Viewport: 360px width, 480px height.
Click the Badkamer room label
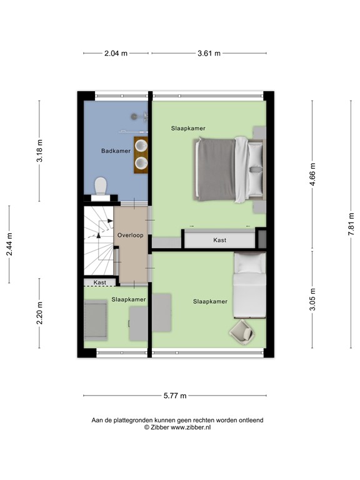pos(116,151)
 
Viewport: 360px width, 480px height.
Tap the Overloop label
pos(130,235)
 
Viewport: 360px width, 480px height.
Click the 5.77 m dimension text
pos(175,396)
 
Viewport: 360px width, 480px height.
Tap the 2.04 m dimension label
pos(116,54)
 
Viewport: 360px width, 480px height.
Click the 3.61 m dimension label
pos(209,54)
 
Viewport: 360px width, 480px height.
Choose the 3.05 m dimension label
pos(313,299)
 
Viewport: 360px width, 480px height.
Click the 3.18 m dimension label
pos(40,151)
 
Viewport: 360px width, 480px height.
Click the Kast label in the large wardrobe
pos(219,240)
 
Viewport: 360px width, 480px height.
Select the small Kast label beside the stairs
pos(99,282)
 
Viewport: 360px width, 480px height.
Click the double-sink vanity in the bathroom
pos(141,155)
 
